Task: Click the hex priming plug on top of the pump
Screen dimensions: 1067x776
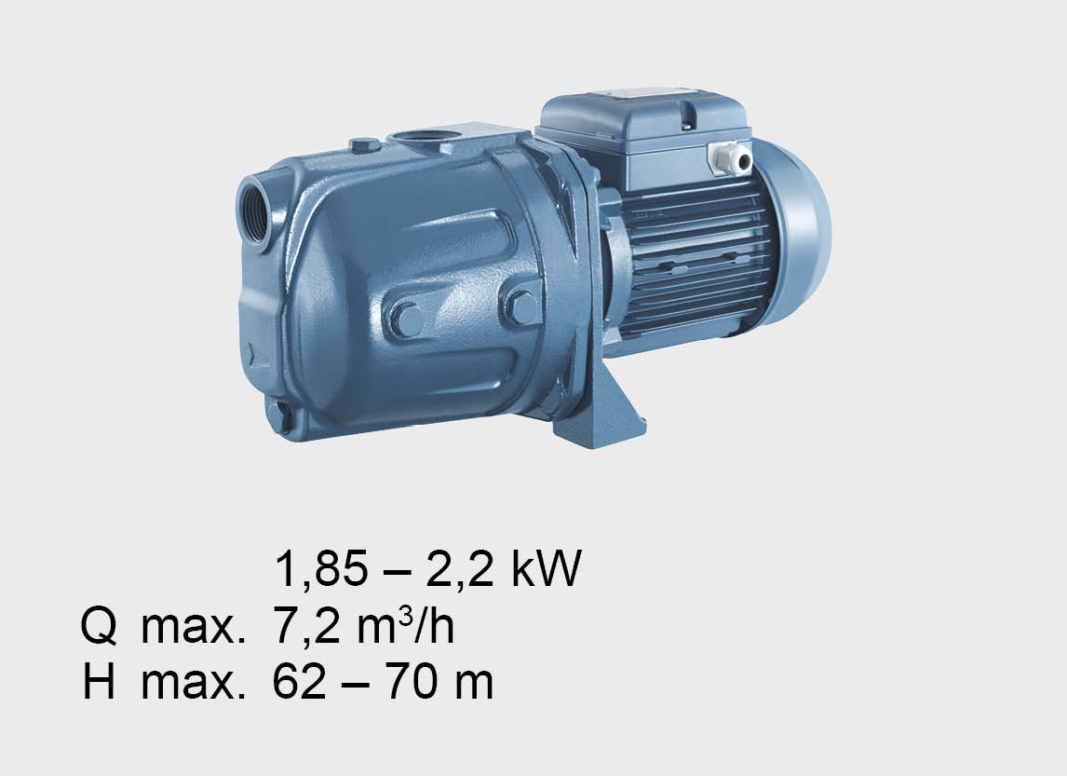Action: (365, 145)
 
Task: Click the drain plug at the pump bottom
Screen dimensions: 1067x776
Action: (280, 416)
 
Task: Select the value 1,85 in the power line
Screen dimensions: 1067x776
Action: (321, 569)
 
